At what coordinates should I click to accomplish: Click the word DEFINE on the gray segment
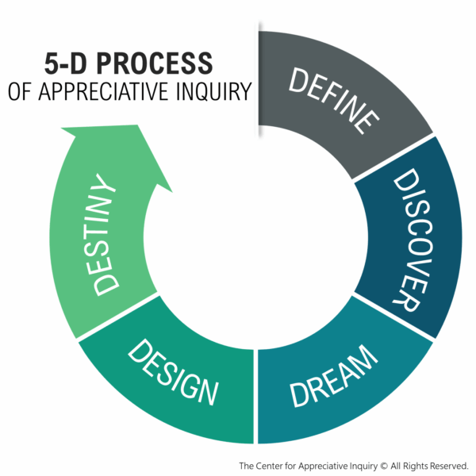[x=333, y=98]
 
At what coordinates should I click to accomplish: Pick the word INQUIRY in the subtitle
[x=213, y=90]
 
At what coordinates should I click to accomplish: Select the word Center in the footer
[x=274, y=465]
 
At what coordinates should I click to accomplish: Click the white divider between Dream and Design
[x=255, y=397]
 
